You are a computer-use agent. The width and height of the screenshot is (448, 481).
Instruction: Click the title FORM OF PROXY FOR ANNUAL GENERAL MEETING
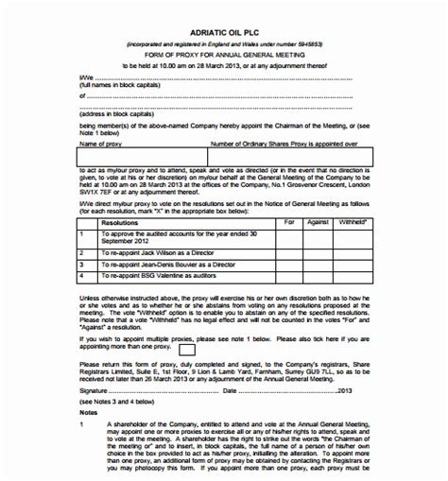tap(223, 55)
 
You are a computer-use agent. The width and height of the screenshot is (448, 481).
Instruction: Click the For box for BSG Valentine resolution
tap(289, 277)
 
